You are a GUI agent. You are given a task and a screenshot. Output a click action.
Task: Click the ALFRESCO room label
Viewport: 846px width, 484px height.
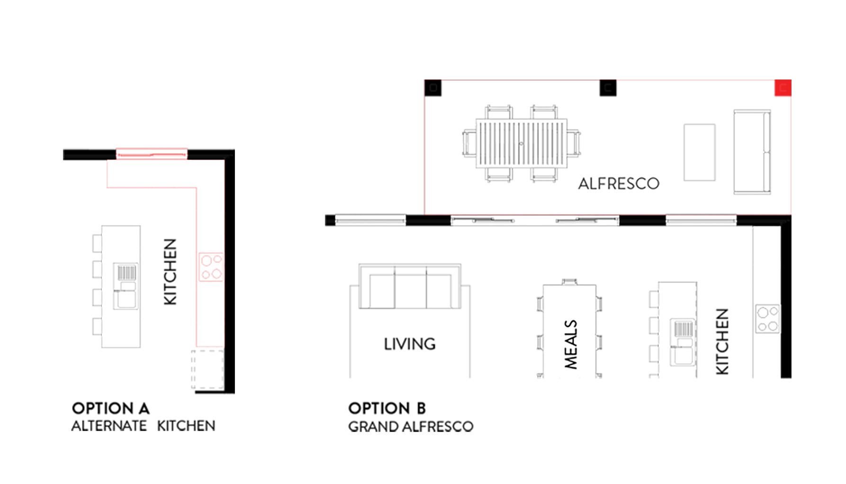(619, 184)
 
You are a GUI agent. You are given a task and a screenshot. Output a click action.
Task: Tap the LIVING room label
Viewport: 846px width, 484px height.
(410, 344)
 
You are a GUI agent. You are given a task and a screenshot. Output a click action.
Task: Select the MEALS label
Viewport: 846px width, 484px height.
(571, 344)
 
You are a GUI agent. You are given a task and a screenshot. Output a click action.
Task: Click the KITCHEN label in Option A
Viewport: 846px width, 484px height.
(170, 272)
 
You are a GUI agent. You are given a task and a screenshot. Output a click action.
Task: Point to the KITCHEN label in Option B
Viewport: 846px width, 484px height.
(722, 342)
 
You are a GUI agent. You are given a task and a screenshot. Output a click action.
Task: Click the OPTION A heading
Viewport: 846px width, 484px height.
(111, 408)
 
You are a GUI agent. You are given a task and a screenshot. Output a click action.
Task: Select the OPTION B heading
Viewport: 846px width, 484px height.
(387, 408)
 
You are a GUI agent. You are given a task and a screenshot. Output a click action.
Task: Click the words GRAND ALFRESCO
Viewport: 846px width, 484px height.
(411, 426)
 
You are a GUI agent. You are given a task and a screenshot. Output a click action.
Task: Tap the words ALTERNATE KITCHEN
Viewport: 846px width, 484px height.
(143, 426)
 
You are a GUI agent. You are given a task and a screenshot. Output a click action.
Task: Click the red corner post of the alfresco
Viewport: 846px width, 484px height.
(783, 88)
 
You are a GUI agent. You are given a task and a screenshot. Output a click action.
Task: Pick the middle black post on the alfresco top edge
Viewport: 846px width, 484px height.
(608, 88)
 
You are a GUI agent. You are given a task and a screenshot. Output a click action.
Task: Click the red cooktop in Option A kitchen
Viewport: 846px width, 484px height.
(211, 267)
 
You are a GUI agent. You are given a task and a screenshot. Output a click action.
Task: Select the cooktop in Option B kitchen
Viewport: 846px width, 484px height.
(767, 319)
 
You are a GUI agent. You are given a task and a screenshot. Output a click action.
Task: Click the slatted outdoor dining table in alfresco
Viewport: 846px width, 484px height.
(521, 143)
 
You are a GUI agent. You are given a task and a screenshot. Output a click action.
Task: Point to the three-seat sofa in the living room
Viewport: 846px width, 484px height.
(410, 286)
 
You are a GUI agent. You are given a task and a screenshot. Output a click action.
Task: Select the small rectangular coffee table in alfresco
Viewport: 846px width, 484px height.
(700, 152)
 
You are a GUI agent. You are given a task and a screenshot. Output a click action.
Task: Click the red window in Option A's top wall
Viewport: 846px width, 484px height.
(152, 154)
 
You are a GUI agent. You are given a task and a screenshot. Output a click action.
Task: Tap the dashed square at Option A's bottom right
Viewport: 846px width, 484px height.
(207, 370)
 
